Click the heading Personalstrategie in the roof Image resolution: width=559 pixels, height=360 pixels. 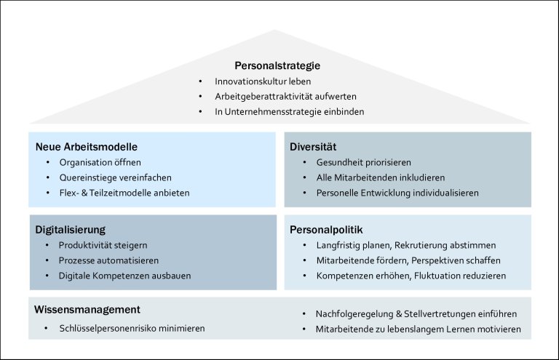click(277, 66)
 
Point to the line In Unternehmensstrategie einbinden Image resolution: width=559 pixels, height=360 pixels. click(289, 111)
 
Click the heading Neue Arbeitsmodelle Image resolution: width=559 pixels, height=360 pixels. click(87, 147)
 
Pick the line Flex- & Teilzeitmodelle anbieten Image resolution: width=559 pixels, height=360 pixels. click(124, 193)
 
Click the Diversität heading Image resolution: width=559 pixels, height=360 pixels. click(313, 147)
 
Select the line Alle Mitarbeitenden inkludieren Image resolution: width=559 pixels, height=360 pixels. click(381, 177)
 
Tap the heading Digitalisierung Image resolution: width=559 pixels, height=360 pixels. click(75, 230)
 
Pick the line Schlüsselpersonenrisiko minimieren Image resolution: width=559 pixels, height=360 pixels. click(132, 328)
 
